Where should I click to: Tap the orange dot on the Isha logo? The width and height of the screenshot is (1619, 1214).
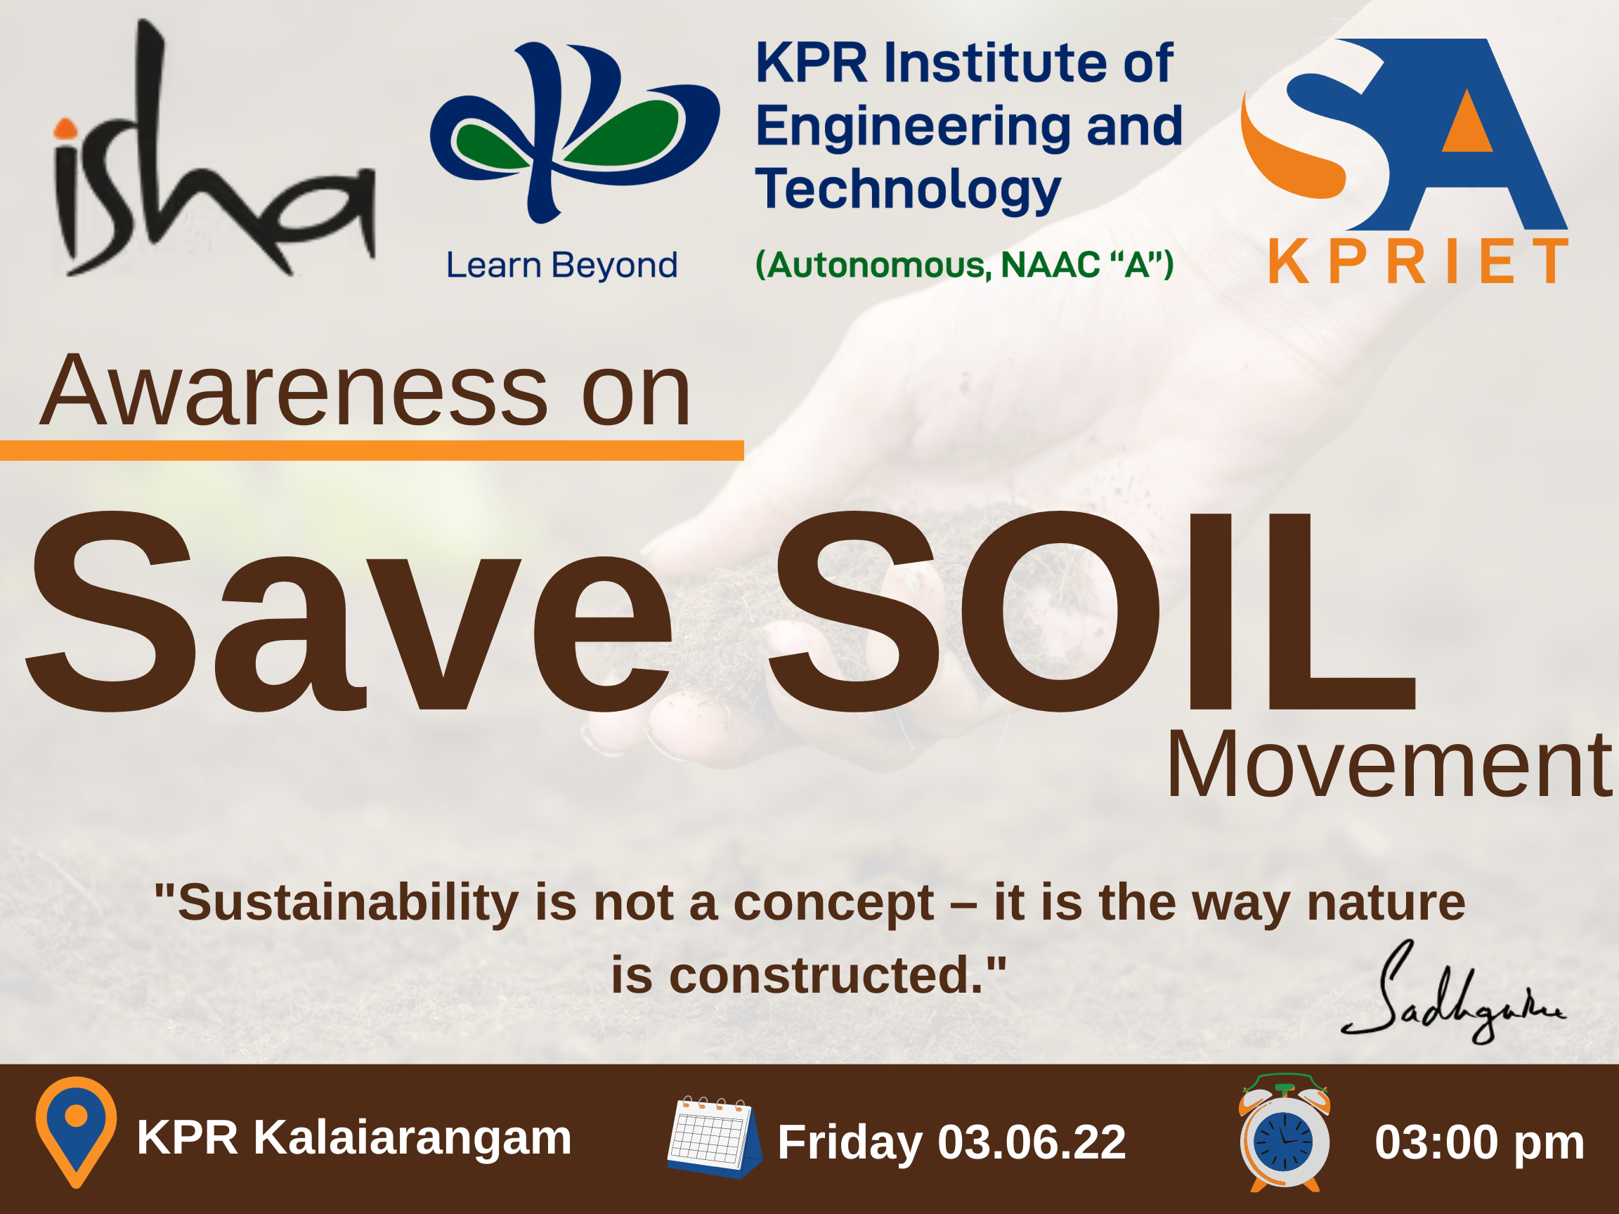[x=66, y=129]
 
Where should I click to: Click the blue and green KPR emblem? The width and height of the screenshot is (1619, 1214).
[x=575, y=131]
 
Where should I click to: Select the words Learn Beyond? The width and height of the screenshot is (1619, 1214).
[x=561, y=265]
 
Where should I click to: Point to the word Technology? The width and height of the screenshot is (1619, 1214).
[x=908, y=190]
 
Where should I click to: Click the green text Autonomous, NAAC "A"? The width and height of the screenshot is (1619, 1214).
[x=965, y=264]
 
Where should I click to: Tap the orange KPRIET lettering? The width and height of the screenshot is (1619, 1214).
[x=1419, y=261]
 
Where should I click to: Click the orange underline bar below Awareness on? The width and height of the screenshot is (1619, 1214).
[x=372, y=450]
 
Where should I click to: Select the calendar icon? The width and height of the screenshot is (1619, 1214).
[x=715, y=1137]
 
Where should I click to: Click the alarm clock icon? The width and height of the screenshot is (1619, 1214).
[x=1285, y=1133]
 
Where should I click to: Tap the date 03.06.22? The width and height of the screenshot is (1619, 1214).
[x=1032, y=1142]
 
